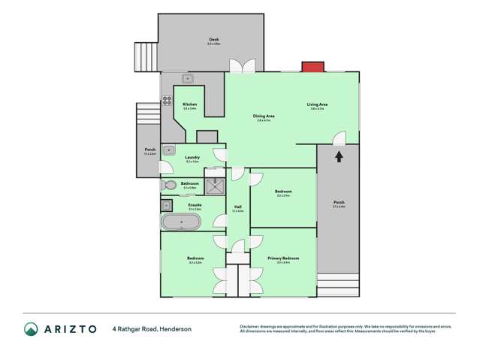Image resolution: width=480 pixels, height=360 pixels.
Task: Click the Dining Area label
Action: [x=264, y=116]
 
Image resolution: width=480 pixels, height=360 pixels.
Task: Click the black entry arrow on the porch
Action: [x=338, y=156]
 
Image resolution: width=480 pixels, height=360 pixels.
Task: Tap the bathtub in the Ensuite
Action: [x=181, y=222]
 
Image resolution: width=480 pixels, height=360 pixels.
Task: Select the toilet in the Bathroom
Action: [x=167, y=185]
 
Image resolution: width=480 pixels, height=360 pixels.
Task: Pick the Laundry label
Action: [x=192, y=157]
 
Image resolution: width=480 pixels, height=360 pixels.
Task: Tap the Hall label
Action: [x=237, y=207]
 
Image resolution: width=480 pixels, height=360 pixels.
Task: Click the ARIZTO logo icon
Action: [x=31, y=328]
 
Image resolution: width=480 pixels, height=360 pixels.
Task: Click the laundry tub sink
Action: [x=170, y=150]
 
